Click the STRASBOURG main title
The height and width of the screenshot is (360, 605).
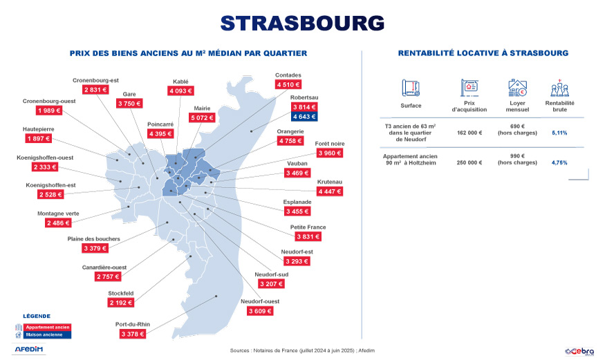point(302,22)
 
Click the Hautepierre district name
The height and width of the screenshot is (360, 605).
point(38,129)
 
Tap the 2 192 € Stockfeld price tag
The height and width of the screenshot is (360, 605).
point(120,303)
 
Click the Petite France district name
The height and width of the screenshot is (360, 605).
point(308,227)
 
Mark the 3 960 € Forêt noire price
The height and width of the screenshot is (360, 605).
point(328,153)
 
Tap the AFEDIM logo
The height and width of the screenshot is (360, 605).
point(29,349)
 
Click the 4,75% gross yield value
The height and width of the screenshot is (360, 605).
point(559,163)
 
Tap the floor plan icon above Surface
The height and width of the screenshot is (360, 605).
point(411,88)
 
